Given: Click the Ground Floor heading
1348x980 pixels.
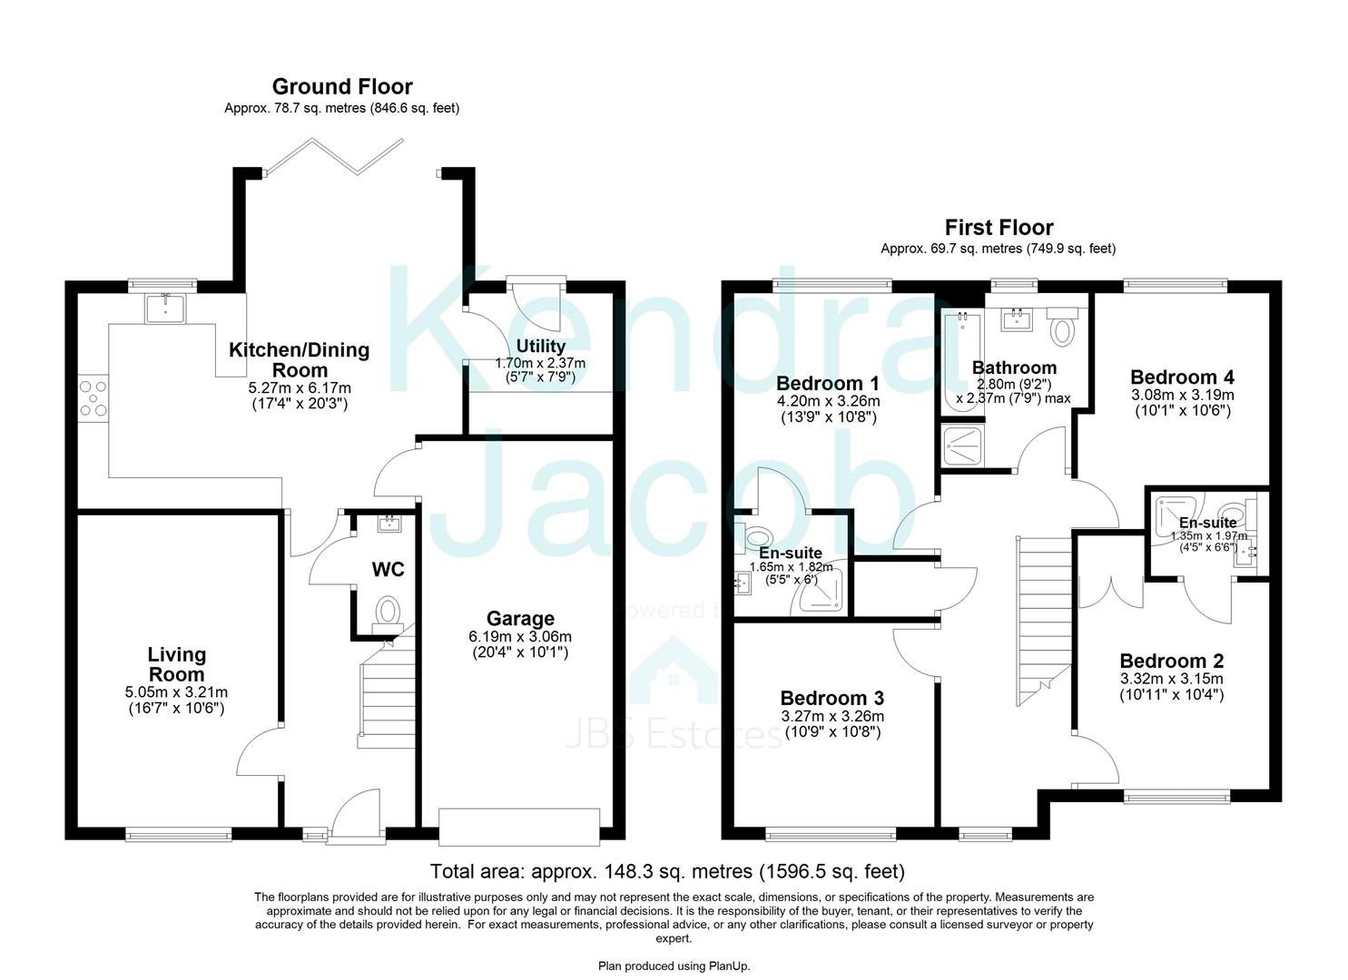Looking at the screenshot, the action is (342, 86).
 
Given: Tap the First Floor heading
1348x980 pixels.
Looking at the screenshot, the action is (999, 228).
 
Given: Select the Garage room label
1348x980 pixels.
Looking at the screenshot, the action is (520, 619).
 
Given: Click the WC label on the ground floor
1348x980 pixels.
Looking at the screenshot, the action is (389, 569).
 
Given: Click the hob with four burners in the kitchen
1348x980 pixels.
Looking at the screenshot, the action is (93, 398).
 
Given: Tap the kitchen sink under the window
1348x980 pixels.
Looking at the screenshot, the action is (165, 308).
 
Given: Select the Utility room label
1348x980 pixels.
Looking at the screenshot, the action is (540, 346).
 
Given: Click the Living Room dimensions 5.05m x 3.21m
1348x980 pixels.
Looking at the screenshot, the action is (176, 692).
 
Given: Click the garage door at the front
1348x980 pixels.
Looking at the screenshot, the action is (518, 828).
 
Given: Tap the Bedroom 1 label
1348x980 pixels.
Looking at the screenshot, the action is (828, 383).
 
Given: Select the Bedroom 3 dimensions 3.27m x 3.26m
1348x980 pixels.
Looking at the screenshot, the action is (832, 717).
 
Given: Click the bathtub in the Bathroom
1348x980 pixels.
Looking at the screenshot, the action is (961, 361).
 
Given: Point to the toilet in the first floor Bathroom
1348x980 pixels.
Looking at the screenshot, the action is (1063, 327).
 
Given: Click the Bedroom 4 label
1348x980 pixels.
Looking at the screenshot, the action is (1182, 377).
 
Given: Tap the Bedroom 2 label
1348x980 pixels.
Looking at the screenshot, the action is (1172, 661).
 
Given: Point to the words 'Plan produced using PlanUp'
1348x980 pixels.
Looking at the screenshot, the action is (674, 966).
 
